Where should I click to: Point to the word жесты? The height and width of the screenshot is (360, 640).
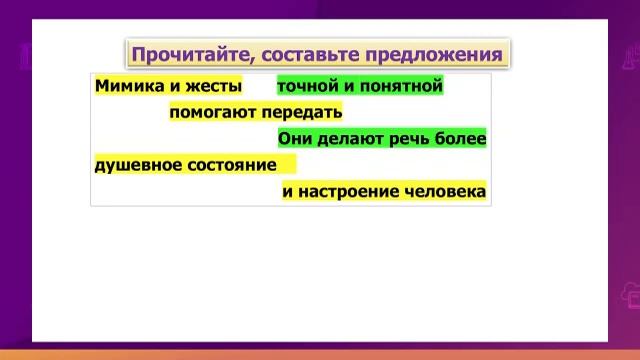click(x=214, y=87)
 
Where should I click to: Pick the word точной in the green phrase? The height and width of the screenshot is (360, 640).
click(x=304, y=87)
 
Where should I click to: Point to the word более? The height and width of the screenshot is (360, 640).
click(x=461, y=139)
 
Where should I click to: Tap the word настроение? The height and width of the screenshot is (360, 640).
click(x=345, y=190)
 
